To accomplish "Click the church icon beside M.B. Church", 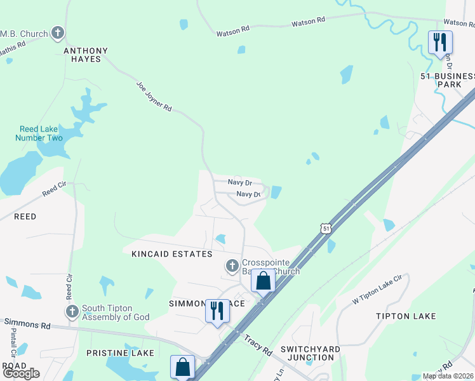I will (x=58, y=32).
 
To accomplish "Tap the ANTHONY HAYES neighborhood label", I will (x=85, y=55).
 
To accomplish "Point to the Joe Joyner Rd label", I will (x=154, y=97).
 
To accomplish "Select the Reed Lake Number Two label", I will (x=41, y=133).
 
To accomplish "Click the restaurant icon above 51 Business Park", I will (x=440, y=43).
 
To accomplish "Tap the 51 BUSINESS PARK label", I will (x=448, y=79).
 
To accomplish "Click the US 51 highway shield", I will (x=325, y=228).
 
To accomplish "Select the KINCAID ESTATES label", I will (x=171, y=254).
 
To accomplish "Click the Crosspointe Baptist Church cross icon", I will (x=232, y=265).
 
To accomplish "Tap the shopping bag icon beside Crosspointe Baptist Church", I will (x=263, y=281).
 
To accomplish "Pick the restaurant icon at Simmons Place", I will (x=217, y=311).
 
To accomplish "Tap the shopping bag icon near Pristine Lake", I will (x=182, y=366).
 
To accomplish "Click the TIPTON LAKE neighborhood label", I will (x=405, y=316).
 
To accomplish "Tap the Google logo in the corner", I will (x=21, y=373).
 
